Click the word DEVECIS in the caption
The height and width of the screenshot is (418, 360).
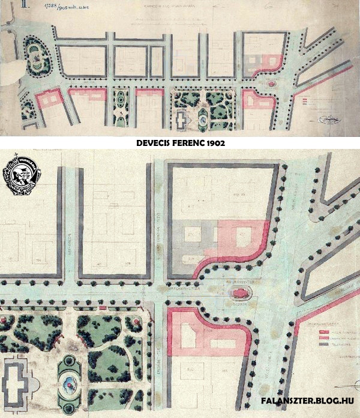157,144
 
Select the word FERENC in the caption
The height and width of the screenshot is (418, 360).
193,144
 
